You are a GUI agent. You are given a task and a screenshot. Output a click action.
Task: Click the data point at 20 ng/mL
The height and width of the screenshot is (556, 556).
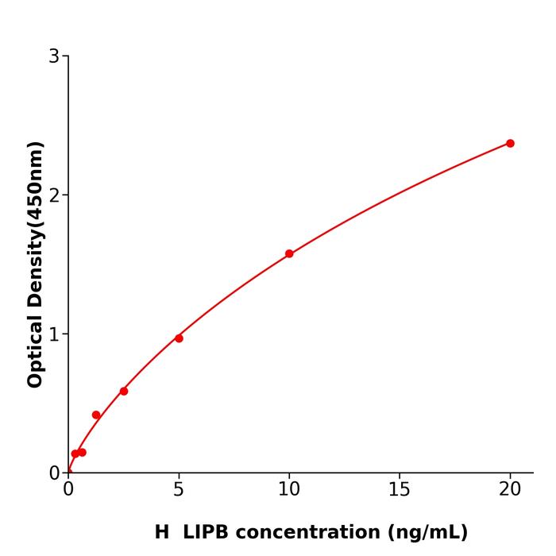point(510,143)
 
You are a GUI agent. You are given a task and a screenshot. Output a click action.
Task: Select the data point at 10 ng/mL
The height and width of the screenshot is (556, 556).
point(289,253)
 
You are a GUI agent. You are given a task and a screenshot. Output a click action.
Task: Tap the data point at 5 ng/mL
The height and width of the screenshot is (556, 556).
point(179,338)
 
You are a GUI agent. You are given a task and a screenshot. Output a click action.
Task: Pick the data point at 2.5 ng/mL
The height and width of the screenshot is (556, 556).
point(124,391)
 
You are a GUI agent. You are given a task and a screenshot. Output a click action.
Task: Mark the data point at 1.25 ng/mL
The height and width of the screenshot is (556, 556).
point(96,415)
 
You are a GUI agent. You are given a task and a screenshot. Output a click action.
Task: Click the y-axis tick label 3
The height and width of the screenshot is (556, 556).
point(54,56)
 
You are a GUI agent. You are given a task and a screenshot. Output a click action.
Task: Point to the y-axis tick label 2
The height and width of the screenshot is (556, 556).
point(54,195)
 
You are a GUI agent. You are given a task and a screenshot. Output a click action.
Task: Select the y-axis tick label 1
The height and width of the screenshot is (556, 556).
point(54,334)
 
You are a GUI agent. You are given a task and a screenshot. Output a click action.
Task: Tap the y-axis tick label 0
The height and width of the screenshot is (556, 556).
point(54,473)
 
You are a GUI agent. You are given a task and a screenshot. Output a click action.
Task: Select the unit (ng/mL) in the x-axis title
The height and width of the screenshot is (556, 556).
point(426,532)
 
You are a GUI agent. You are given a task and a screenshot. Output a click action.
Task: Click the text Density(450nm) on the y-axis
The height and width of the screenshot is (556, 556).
point(35,223)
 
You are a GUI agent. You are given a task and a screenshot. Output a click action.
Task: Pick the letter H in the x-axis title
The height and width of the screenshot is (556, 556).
point(162,532)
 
